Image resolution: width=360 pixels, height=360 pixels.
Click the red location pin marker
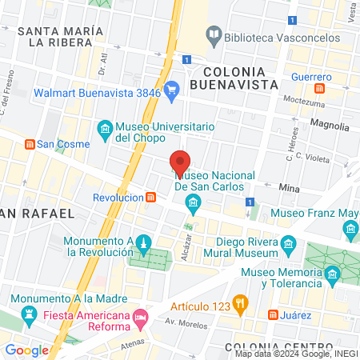180,162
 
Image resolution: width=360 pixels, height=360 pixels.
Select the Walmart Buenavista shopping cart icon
170,91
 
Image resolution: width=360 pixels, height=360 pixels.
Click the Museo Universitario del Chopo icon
105,127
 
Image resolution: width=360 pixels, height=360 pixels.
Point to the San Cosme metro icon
30,144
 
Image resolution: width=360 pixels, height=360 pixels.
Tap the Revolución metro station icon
151,197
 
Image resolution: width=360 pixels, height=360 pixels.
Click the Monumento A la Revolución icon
142,243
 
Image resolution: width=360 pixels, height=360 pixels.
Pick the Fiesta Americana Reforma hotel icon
141,318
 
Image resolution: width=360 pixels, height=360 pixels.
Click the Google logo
26,350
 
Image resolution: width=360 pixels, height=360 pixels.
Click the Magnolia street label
329,126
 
